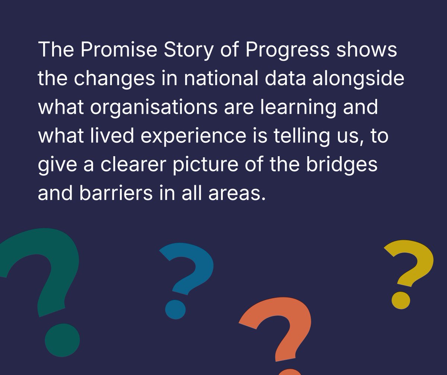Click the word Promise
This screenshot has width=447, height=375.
click(x=114, y=50)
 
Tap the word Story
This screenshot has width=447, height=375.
click(x=179, y=50)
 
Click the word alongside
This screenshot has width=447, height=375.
click(x=358, y=79)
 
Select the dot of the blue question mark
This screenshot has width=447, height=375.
click(x=175, y=309)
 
